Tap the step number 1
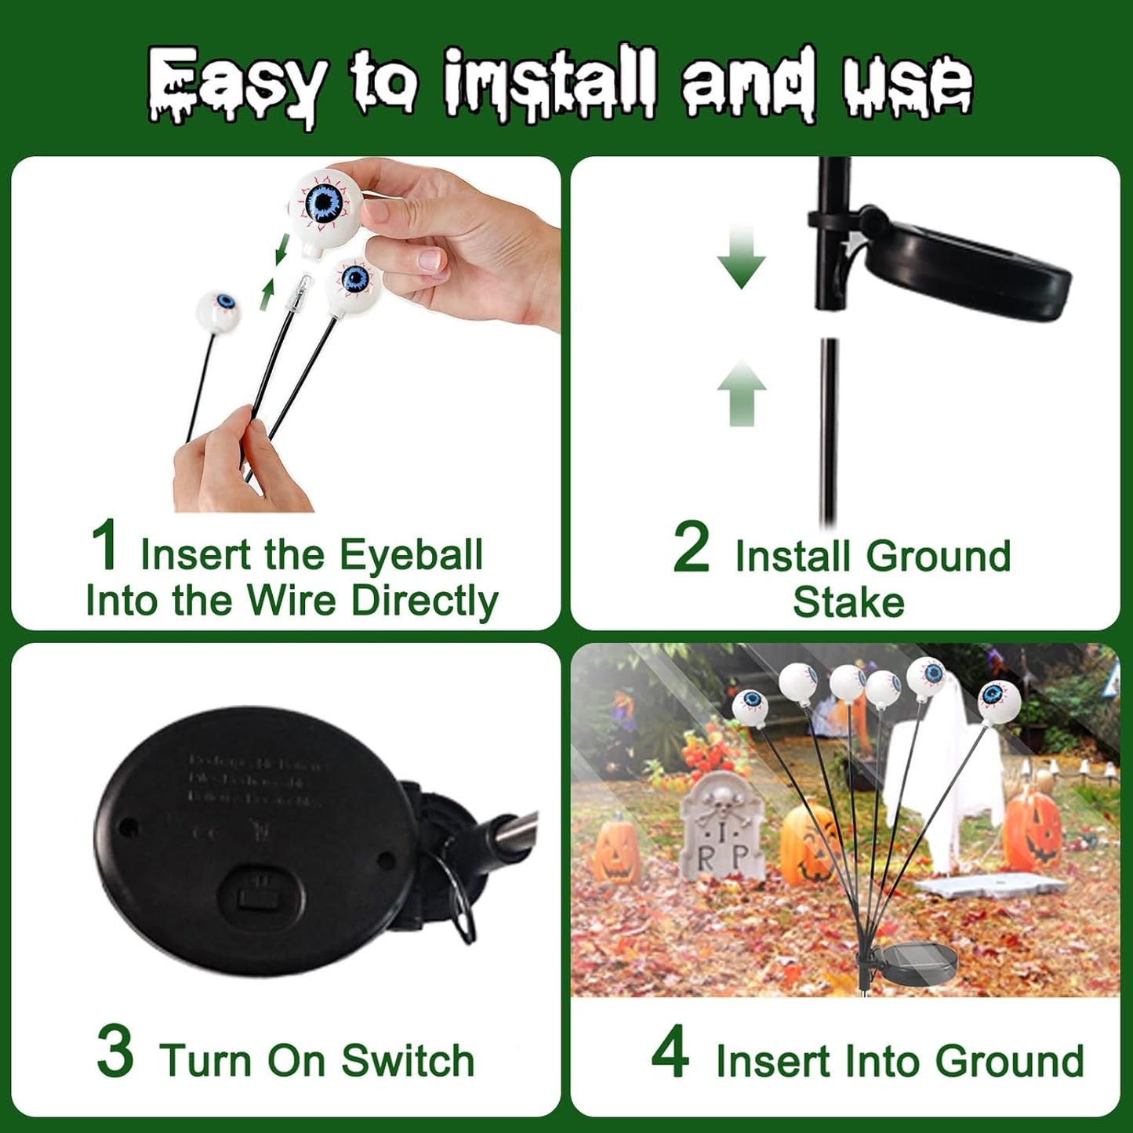tap(104, 546)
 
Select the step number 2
tap(691, 548)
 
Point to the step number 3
tap(115, 1052)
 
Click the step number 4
tap(670, 1052)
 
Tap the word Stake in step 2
tap(848, 602)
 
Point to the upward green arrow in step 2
tap(741, 392)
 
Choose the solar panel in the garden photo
tap(918, 965)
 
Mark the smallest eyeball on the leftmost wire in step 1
tap(218, 309)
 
